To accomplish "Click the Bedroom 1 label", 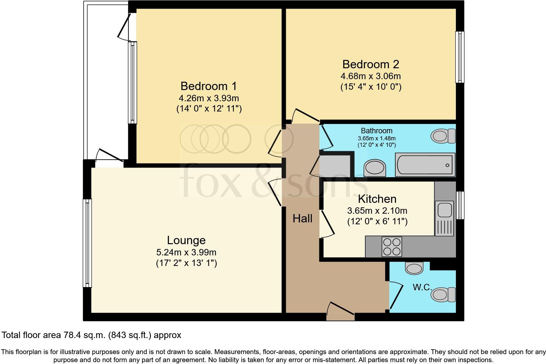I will (x=209, y=86).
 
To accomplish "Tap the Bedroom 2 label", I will (x=371, y=64).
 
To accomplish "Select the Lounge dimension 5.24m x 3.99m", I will (x=186, y=252).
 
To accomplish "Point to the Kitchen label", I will (x=377, y=199).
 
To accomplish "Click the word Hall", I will (x=302, y=219).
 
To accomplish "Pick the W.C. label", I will (x=422, y=287).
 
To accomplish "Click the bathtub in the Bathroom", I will (x=425, y=165).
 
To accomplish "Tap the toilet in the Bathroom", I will (x=443, y=136).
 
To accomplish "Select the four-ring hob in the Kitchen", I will (x=392, y=246).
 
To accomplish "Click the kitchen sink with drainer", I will (x=444, y=218).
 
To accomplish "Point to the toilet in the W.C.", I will (x=443, y=294).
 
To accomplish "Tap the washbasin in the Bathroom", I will (x=375, y=168).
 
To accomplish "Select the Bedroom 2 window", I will (x=460, y=57).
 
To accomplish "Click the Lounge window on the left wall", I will (x=87, y=243).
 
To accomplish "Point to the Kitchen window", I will (x=460, y=205).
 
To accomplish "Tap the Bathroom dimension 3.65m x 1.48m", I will (x=376, y=138).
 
